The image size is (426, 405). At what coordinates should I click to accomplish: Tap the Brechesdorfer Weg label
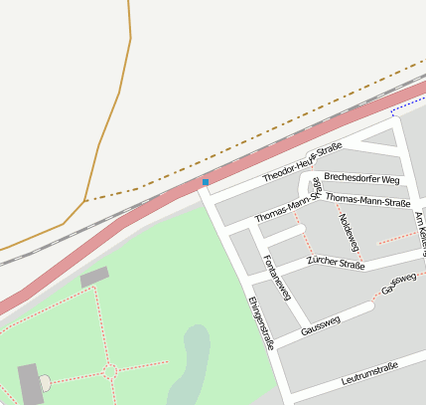pyautogui.click(x=361, y=179)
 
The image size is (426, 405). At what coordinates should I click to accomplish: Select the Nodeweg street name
pyautogui.click(x=347, y=230)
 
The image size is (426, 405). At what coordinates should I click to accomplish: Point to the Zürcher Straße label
pyautogui.click(x=336, y=263)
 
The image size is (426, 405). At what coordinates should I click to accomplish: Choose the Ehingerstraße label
pyautogui.click(x=260, y=323)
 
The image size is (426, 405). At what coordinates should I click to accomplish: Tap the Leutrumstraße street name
pyautogui.click(x=368, y=373)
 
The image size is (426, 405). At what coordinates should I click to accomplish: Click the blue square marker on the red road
pyautogui.click(x=206, y=182)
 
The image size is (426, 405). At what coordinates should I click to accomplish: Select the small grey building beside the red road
pyautogui.click(x=94, y=277)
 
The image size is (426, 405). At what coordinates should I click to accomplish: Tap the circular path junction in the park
pyautogui.click(x=110, y=372)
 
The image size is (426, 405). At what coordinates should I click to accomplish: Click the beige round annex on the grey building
pyautogui.click(x=45, y=382)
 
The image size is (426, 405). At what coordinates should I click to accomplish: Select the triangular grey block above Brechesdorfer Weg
pyautogui.click(x=383, y=138)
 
